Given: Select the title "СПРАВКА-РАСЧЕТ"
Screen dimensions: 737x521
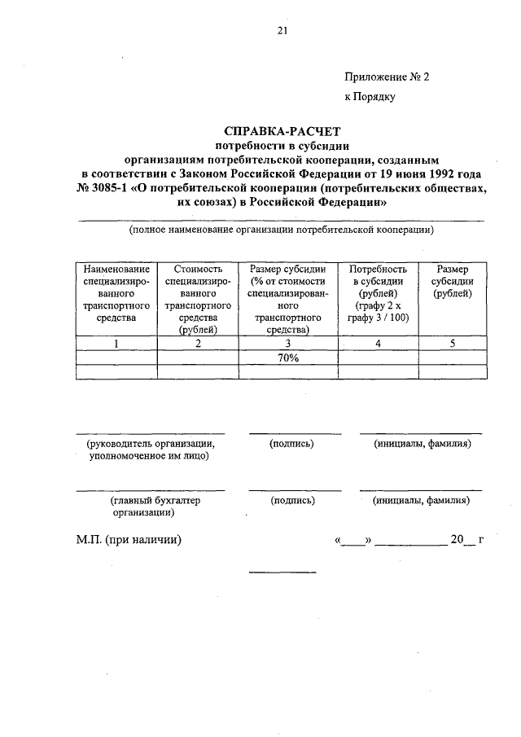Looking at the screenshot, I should pos(281,130).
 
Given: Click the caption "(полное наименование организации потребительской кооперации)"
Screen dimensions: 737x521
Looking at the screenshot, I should pos(281,230).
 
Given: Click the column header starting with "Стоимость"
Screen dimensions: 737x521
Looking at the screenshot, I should pos(198,299).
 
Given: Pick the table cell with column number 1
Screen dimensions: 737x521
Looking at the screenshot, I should pos(116,344).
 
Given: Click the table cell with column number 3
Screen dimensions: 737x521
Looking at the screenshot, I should pos(288,344).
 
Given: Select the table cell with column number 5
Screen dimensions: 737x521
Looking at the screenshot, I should pos(453,344).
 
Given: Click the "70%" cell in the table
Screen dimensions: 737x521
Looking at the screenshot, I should pos(288,358).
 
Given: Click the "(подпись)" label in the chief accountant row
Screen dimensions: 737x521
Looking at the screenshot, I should pos(292,501).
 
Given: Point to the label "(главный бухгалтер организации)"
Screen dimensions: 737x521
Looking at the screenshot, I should pos(151,507).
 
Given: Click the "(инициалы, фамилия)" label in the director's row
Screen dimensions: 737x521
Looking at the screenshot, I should pos(421,444).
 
